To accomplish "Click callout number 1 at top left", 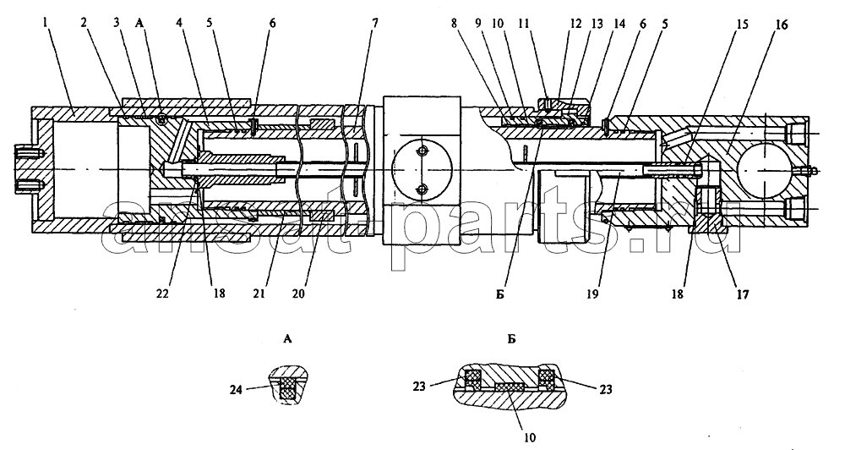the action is [46, 23].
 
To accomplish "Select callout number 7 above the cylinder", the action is [374, 23].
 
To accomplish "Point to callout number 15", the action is [743, 25].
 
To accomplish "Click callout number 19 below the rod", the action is [592, 294].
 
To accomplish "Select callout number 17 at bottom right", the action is [743, 294].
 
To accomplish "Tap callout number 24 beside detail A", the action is [236, 389].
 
